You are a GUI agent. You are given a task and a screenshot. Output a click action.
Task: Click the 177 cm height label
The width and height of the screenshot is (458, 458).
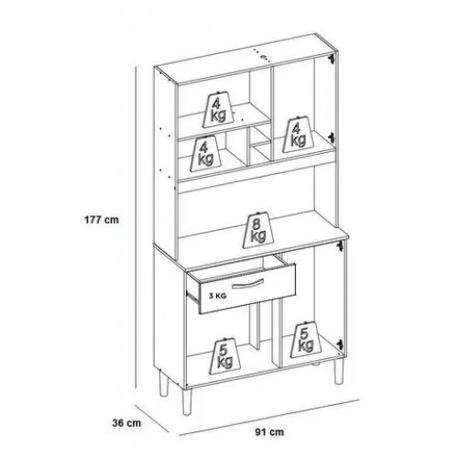pyautogui.click(x=102, y=220)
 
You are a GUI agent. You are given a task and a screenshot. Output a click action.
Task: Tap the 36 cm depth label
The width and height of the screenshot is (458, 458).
pyautogui.click(x=126, y=423)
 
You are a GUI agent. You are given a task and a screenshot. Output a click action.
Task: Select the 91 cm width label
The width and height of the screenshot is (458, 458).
pyautogui.click(x=269, y=432)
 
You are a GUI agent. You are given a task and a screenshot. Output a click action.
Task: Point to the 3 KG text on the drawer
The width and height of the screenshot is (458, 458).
pyautogui.click(x=218, y=296)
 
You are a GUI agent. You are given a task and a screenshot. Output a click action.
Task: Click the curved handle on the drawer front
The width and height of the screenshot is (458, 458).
pyautogui.click(x=248, y=283)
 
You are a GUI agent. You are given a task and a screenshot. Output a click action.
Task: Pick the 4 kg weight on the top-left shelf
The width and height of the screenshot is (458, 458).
pyautogui.click(x=218, y=110)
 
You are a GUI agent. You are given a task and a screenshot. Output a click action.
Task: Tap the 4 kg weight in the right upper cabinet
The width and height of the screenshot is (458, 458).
pyautogui.click(x=298, y=135)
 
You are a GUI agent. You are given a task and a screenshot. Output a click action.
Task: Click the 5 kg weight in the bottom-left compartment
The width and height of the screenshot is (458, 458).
pyautogui.click(x=224, y=356)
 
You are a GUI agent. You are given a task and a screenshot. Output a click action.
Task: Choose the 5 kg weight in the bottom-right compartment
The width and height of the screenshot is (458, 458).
pyautogui.click(x=305, y=340)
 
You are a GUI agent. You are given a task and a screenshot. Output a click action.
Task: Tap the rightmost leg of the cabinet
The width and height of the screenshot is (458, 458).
pyautogui.click(x=338, y=372)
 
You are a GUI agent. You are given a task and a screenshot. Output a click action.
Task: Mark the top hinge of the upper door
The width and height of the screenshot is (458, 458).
pyautogui.click(x=331, y=59)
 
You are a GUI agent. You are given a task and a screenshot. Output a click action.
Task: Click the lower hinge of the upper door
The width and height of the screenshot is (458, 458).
pyautogui.click(x=331, y=137)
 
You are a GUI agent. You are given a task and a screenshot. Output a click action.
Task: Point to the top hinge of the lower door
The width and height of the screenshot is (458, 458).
pyautogui.click(x=339, y=246)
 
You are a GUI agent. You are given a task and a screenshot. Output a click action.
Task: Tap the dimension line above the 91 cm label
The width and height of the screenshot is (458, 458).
pyautogui.click(x=268, y=417)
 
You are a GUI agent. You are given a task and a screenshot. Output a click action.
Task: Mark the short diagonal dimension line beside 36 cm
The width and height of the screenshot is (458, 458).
pyautogui.click(x=151, y=419)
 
